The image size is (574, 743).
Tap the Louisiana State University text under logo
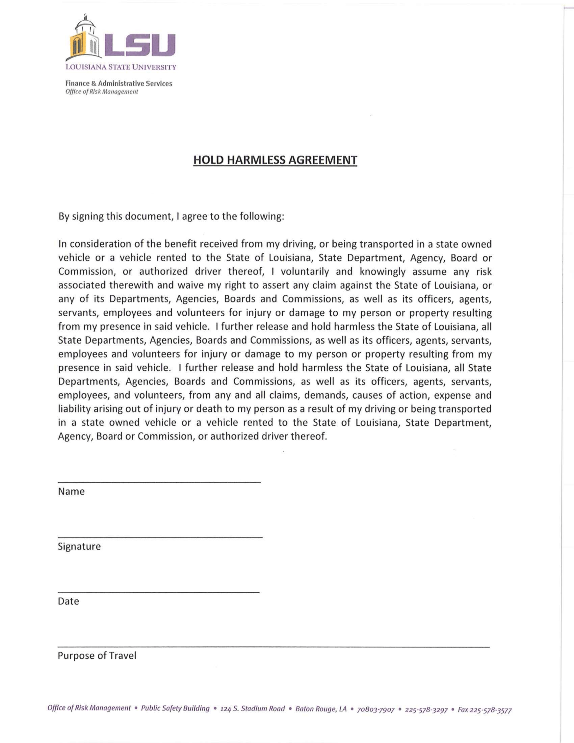[121, 67]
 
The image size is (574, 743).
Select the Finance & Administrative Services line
[119, 84]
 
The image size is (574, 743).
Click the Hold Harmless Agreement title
[275, 160]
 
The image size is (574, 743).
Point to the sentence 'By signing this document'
[171, 217]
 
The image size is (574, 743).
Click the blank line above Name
[159, 482]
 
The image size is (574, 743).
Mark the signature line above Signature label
[160, 537]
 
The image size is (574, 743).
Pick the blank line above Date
[159, 592]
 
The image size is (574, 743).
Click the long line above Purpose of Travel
[274, 646]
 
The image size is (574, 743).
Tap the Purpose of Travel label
[97, 656]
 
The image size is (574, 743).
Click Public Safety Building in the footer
[175, 708]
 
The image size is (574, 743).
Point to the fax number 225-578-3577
[490, 710]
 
